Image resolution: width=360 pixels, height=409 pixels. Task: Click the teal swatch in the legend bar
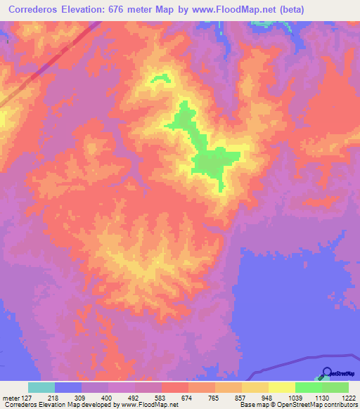41,387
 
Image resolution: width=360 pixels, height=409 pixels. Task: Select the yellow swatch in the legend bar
281,387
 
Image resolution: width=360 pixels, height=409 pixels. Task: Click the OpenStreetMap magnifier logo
327,372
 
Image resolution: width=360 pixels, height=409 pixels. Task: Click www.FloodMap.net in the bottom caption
150,405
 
